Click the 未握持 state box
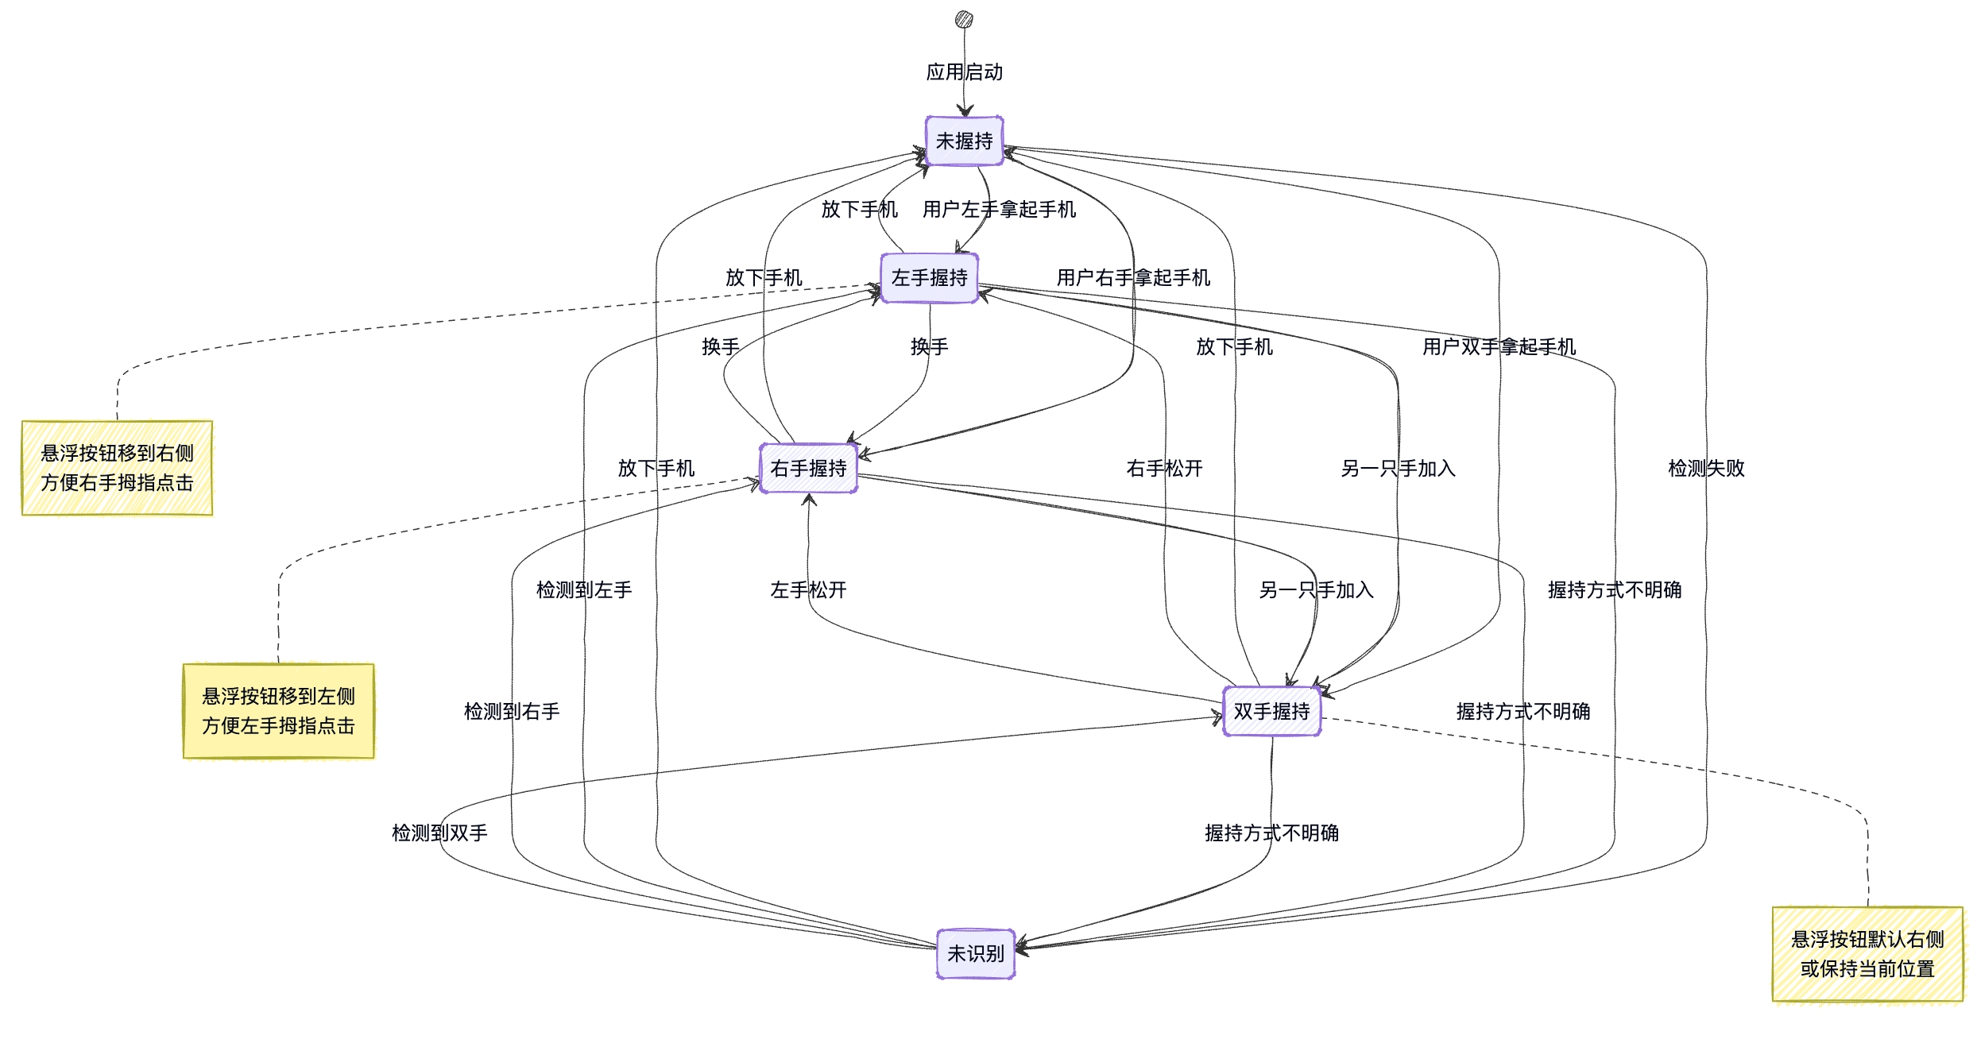pos(964,141)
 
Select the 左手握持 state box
pos(929,278)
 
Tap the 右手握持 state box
pos(808,469)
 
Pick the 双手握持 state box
pos(1271,712)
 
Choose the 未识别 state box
pos(976,953)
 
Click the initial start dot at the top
pos(964,19)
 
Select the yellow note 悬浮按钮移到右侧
pos(117,468)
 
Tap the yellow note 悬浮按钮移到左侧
pos(278,711)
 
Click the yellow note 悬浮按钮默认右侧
pos(1867,954)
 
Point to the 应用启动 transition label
pos(964,72)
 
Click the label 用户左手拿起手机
pos(999,210)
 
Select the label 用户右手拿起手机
pos(1133,278)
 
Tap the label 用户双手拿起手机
pos(1499,347)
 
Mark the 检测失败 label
pos(1706,469)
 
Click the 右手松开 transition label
pos(1164,469)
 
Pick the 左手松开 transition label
pos(808,590)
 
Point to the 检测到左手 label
pos(584,590)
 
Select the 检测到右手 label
pos(512,712)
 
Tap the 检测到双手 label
pos(439,833)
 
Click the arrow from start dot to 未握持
pos(965,95)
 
